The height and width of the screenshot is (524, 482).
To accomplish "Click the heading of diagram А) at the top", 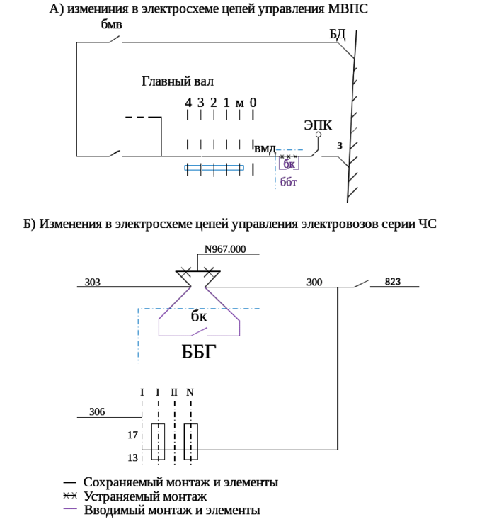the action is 209,10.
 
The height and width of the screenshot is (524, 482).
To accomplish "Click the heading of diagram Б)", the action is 230,224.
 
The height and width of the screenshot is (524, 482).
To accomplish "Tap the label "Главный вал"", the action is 176,81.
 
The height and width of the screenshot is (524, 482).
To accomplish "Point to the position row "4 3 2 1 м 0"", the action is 220,103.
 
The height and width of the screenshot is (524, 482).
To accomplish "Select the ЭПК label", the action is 318,125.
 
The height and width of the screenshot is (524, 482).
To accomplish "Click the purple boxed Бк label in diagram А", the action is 289,164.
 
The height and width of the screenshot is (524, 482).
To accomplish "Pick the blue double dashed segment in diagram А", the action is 214,168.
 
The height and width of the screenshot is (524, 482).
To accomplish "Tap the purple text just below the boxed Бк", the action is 287,182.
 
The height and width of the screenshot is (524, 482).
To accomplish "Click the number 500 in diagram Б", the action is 314,282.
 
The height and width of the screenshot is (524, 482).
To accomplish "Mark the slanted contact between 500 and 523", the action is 361,283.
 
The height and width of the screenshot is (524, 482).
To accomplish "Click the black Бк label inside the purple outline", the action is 199,317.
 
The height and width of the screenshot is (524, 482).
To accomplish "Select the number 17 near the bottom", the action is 132,435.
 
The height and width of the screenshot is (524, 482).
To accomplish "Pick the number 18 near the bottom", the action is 132,457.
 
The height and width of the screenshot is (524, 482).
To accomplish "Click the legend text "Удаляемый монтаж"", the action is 144,496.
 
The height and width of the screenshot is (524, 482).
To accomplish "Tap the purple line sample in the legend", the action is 69,509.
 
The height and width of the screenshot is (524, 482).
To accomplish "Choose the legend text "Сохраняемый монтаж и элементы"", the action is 180,483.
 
